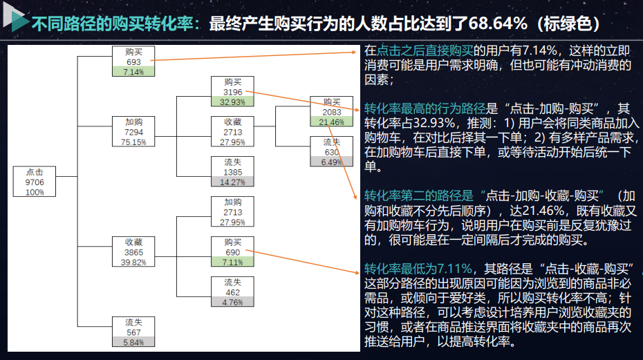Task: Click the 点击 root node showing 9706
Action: [35, 182]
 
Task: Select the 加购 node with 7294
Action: [133, 131]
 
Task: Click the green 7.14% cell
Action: [133, 72]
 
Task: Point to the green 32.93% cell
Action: [233, 102]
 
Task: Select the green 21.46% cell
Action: [332, 122]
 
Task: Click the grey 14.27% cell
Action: [233, 182]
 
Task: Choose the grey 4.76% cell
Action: [233, 302]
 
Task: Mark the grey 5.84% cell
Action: [133, 342]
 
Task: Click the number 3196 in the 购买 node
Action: [233, 92]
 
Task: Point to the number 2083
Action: [332, 112]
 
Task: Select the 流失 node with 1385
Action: [233, 171]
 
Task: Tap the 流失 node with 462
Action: [233, 292]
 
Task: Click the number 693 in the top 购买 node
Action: [133, 62]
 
